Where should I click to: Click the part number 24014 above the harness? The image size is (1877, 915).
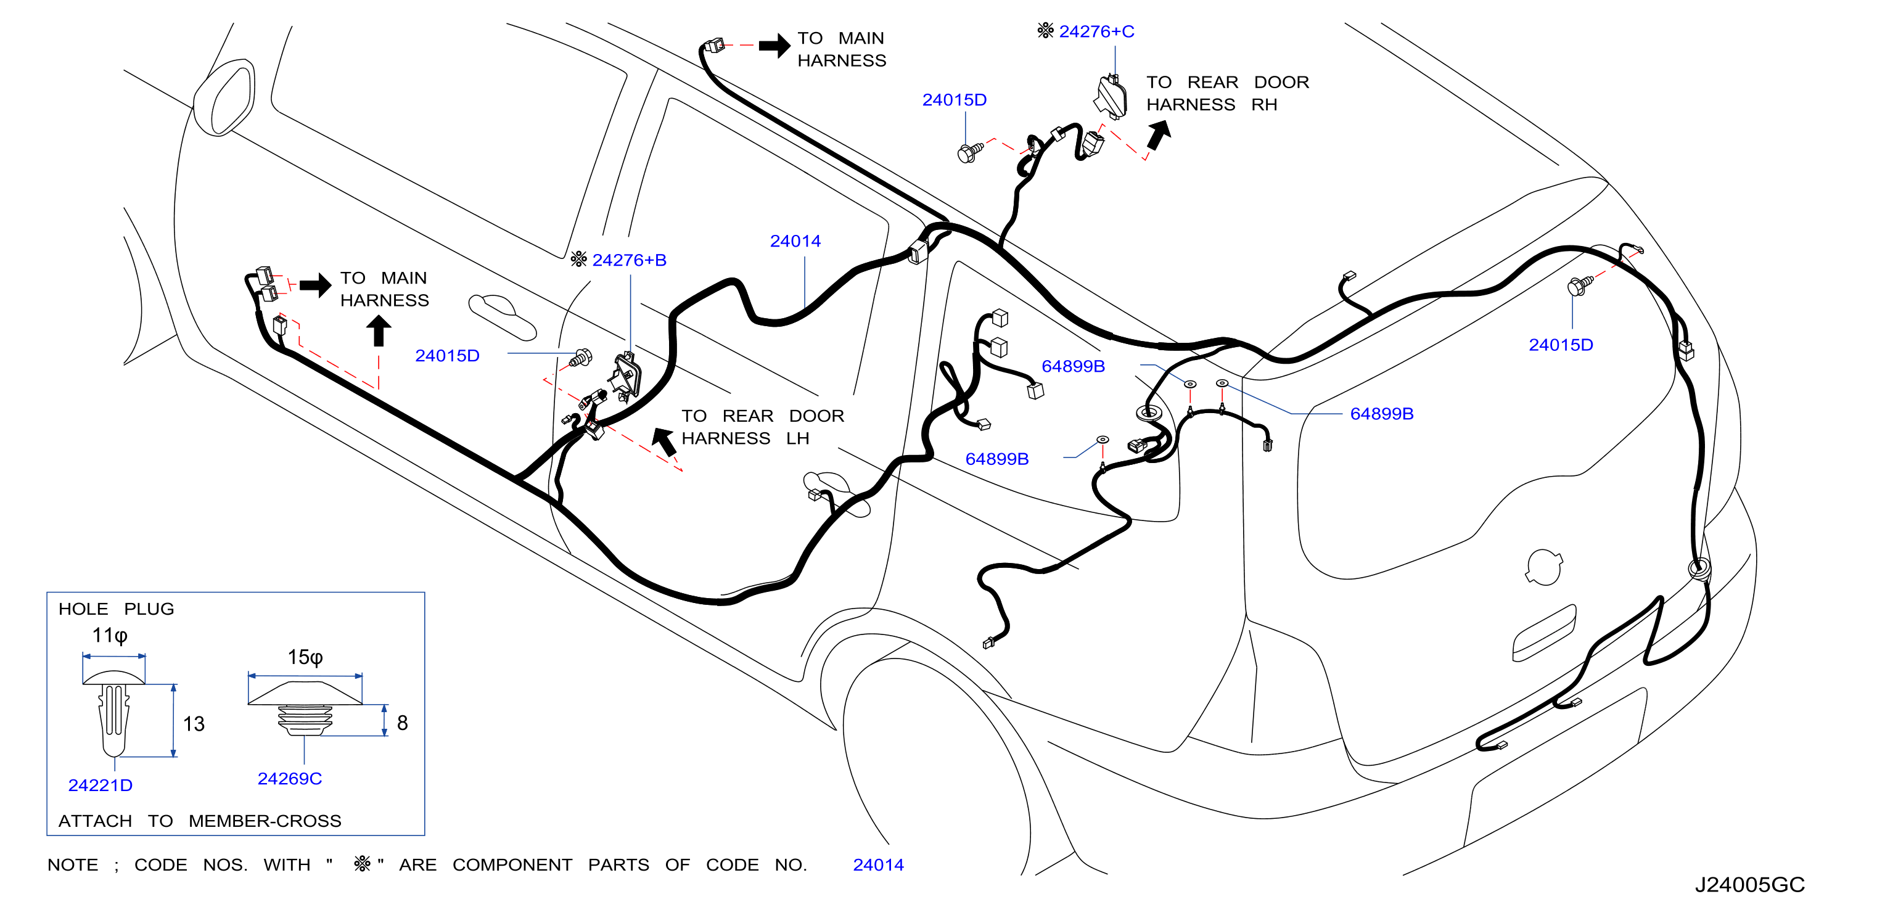(x=795, y=241)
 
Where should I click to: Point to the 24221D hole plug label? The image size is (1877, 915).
(x=101, y=786)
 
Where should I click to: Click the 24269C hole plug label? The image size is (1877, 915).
(x=290, y=779)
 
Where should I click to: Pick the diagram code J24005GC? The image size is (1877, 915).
(x=1749, y=884)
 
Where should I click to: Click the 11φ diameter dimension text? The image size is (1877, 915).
(x=110, y=635)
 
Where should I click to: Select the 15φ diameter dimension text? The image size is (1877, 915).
(x=305, y=657)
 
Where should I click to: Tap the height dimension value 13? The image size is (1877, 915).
(x=194, y=724)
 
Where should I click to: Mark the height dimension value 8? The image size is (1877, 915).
(x=402, y=723)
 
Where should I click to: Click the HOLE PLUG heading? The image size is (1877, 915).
(x=117, y=609)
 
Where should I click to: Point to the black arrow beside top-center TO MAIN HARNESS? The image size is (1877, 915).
(x=774, y=45)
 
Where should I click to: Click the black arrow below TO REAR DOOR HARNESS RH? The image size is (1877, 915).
(x=1159, y=136)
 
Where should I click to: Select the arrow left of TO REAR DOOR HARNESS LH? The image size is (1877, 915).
(x=664, y=441)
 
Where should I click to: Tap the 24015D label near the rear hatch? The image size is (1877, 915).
(x=1561, y=345)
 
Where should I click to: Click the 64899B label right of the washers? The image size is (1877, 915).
(x=1381, y=414)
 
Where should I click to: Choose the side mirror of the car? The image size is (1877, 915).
(x=224, y=99)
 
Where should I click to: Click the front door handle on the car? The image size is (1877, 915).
(x=502, y=317)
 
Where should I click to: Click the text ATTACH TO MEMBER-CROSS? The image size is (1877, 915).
(x=200, y=821)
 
